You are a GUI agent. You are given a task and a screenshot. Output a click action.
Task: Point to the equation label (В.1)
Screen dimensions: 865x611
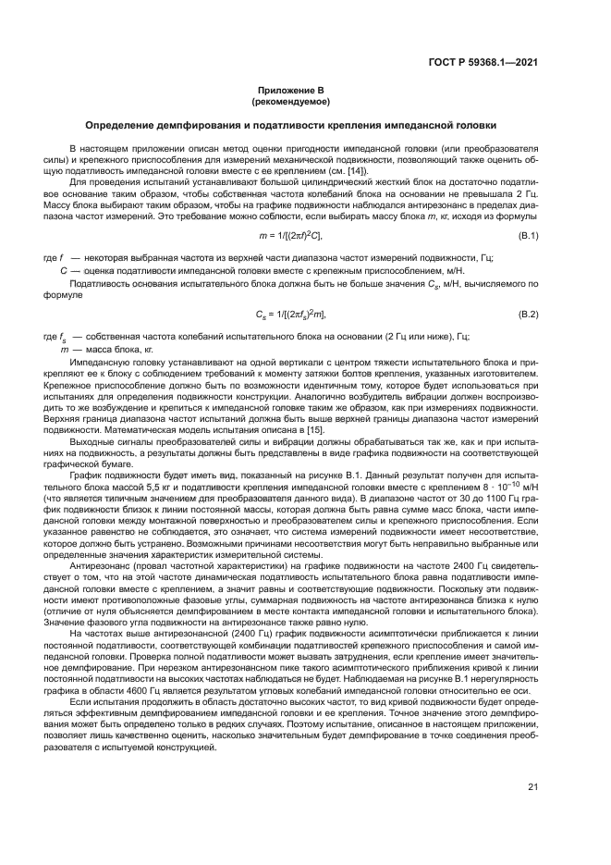pyautogui.click(x=528, y=238)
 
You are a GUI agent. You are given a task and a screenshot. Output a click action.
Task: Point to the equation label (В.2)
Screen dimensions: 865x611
pyautogui.click(x=528, y=315)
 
